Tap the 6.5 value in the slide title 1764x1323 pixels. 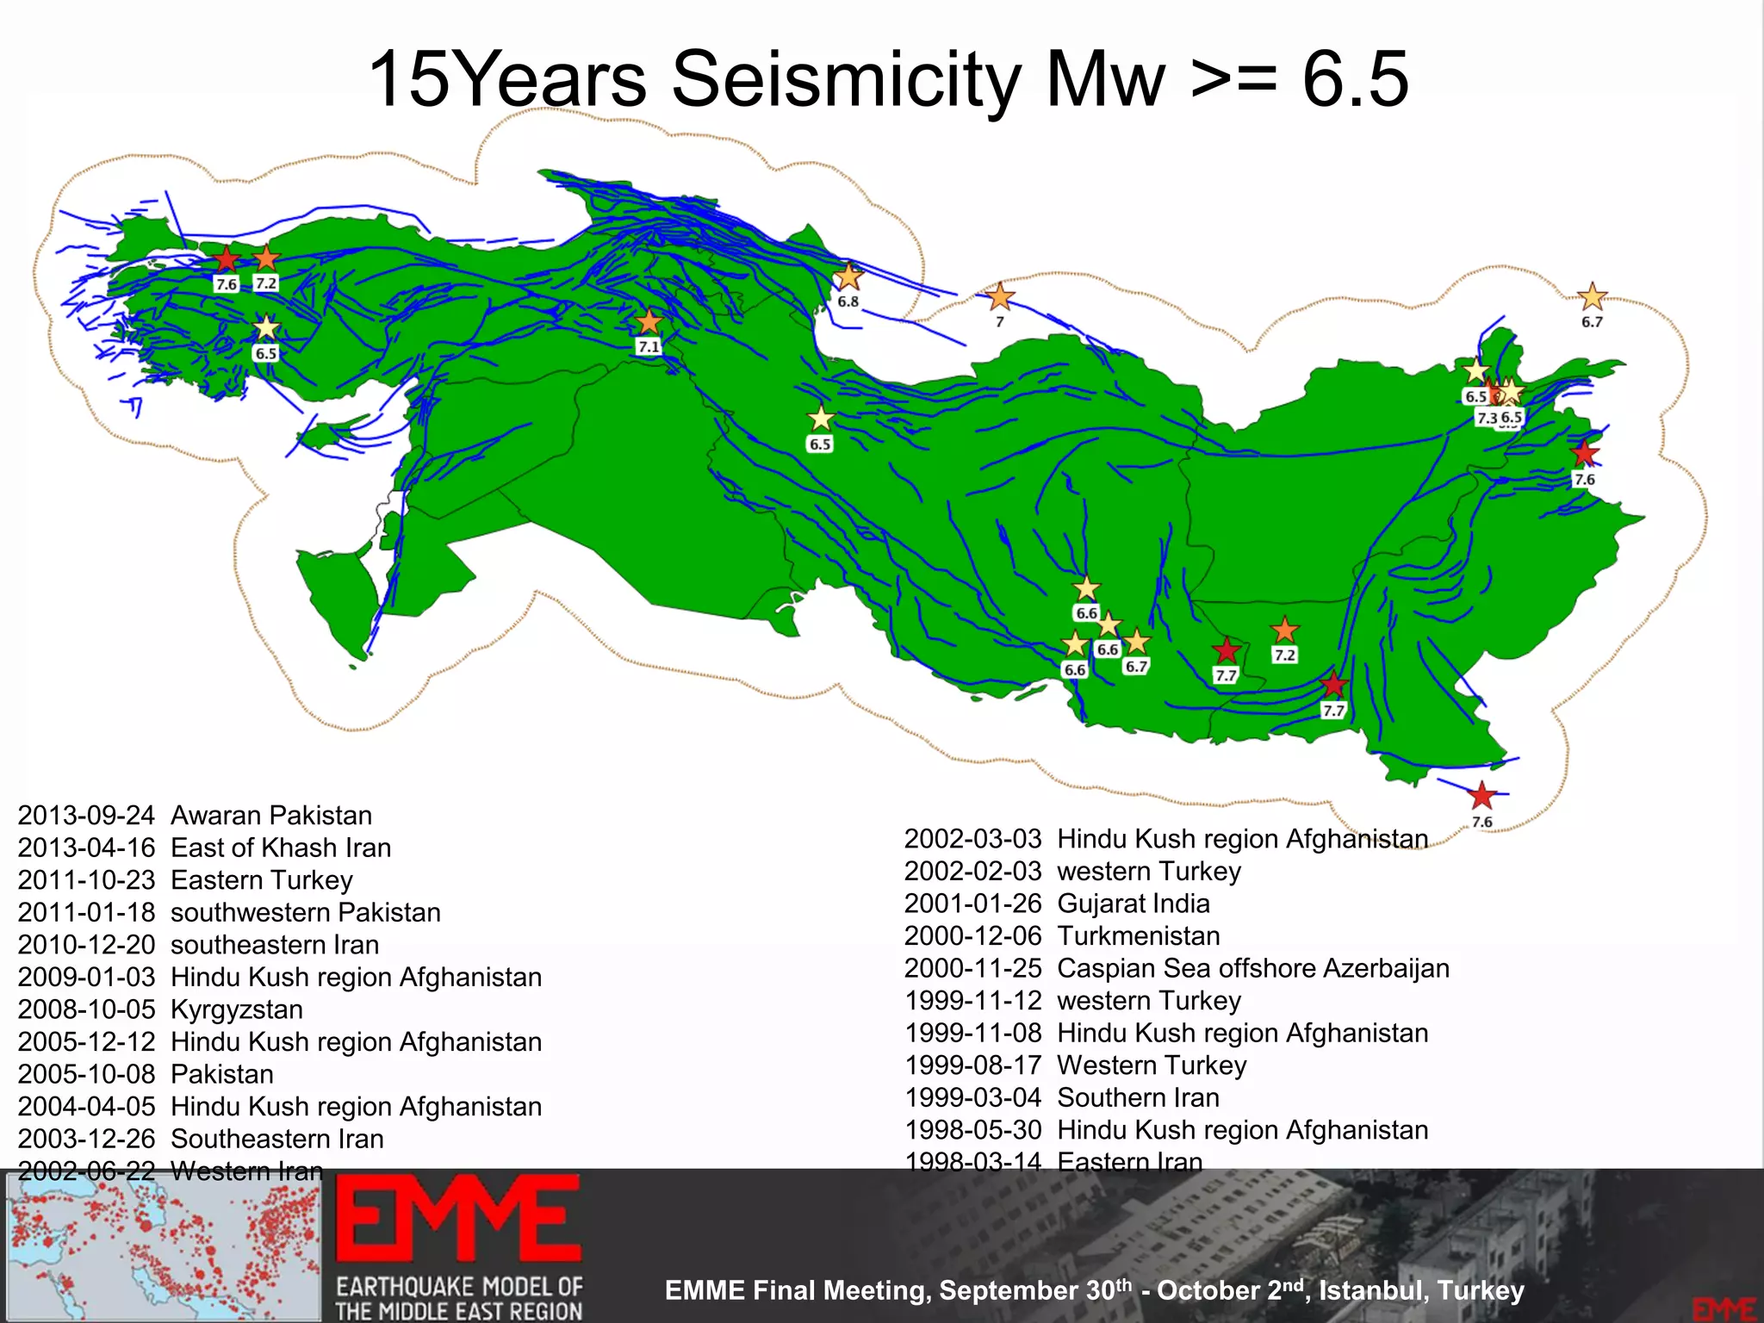[x=1355, y=79]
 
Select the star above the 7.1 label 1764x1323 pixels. [x=649, y=322]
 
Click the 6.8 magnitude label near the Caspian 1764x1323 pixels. [x=848, y=301]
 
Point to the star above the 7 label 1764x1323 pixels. [x=999, y=297]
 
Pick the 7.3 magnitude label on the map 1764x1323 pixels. [x=1488, y=418]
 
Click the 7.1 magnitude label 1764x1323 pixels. [x=649, y=347]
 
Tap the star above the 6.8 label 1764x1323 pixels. [x=849, y=276]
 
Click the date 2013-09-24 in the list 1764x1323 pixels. [x=86, y=815]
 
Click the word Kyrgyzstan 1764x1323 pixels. [x=237, y=1009]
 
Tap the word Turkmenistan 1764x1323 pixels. [x=1139, y=935]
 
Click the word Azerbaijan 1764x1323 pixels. [x=1386, y=968]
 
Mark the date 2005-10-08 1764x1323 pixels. [x=86, y=1074]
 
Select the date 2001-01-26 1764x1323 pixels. [x=972, y=904]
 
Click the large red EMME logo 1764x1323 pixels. [x=457, y=1221]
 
